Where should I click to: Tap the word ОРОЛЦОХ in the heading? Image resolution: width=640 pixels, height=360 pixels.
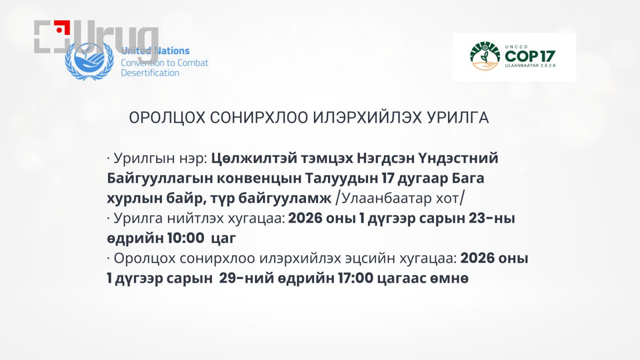pos(167,118)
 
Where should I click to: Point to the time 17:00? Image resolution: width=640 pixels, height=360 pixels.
pos(355,278)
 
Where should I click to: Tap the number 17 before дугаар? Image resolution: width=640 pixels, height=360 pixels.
pos(387,178)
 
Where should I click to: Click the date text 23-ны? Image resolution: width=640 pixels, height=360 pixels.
pos(492,219)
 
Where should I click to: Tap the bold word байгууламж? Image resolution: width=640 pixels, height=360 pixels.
pos(285,198)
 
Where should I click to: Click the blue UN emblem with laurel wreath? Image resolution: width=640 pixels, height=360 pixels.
pos(89,61)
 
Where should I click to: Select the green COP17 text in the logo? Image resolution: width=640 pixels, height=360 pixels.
pos(530,56)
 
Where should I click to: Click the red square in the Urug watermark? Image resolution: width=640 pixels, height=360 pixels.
pos(62,28)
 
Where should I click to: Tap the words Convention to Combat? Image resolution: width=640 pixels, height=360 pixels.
pos(164,63)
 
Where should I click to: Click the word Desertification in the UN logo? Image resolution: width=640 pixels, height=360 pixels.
pos(150,73)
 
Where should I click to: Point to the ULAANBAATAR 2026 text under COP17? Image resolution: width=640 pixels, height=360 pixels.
pos(530,66)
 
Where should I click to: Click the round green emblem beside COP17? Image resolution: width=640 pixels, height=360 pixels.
pos(485,56)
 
